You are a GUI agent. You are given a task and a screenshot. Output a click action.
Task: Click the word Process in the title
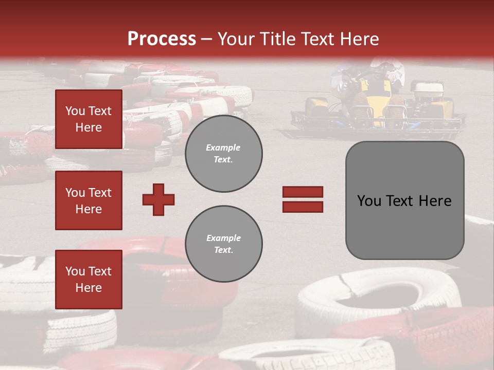[x=162, y=39]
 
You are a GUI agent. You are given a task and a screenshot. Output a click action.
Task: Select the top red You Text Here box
[x=89, y=119]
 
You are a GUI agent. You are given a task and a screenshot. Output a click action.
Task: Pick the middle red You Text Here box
[x=89, y=200]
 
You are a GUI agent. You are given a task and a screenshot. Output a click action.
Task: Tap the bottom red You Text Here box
[x=89, y=280]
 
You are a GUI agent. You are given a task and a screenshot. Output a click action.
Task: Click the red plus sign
[x=158, y=199]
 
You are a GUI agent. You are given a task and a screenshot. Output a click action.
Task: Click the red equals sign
[x=303, y=199]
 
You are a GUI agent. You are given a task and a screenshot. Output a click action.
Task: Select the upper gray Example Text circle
[x=223, y=153]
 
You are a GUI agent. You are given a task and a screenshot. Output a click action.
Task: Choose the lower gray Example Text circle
[x=223, y=244]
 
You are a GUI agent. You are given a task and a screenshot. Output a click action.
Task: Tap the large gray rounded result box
[x=404, y=200]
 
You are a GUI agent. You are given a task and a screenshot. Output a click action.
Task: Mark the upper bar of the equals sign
[x=303, y=192]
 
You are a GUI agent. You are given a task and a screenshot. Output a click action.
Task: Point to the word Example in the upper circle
[x=223, y=147]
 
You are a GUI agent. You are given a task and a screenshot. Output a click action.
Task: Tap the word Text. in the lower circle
[x=223, y=250]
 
